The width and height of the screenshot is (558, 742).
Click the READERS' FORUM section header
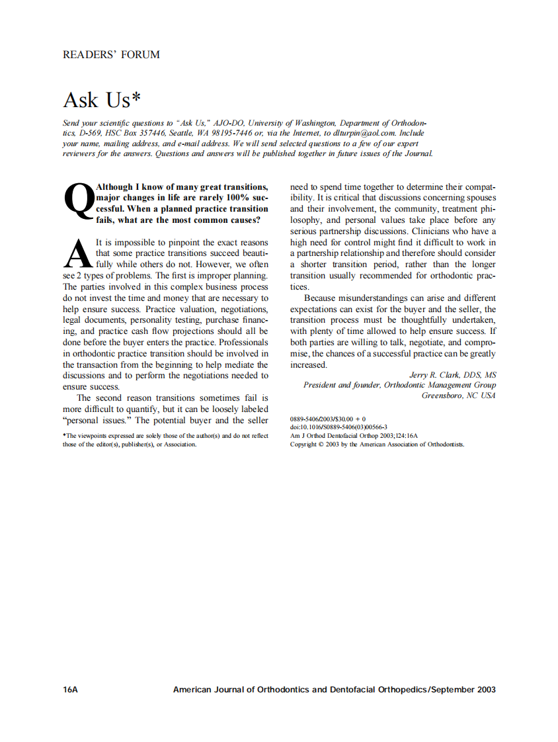click(x=111, y=55)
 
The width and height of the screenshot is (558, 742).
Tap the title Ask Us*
click(x=102, y=100)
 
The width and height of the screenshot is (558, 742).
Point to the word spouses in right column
click(x=480, y=198)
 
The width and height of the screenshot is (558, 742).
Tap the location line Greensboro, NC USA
click(x=458, y=395)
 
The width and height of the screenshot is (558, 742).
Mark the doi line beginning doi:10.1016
click(x=339, y=427)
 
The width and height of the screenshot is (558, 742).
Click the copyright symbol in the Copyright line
click(x=321, y=444)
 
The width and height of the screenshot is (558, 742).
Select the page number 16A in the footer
click(x=71, y=689)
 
